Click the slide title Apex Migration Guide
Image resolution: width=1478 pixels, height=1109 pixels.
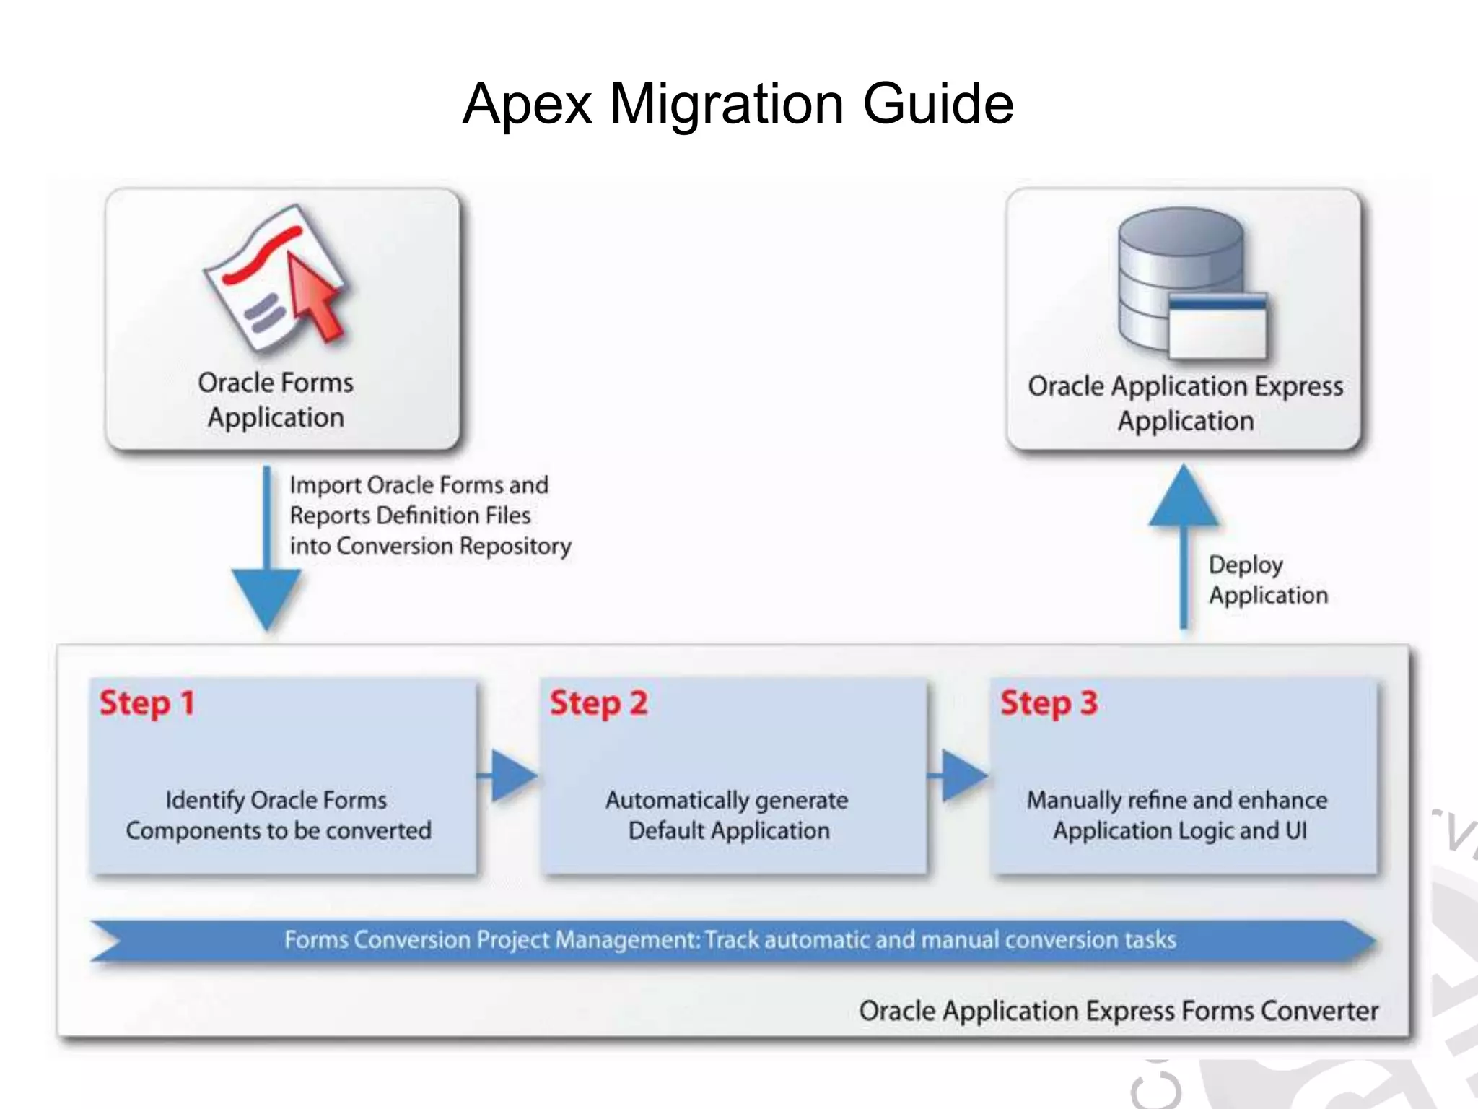point(738,104)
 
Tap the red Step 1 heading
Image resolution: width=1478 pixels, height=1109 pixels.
point(147,703)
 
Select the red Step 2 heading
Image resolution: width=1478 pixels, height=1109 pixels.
point(598,703)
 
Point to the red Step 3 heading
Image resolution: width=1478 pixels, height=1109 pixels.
point(1048,703)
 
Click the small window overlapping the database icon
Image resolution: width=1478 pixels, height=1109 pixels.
point(1217,326)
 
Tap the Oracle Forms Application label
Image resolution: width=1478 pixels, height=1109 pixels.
point(276,400)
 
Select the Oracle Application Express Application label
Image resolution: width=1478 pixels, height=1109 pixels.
point(1185,403)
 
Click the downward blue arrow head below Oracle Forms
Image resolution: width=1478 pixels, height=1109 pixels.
point(266,596)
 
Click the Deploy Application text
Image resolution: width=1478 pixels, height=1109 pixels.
point(1267,580)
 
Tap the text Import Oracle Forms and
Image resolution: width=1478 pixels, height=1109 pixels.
point(419,485)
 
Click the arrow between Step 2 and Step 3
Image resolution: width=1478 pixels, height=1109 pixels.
point(961,775)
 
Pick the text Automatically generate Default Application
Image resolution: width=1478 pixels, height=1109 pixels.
point(727,815)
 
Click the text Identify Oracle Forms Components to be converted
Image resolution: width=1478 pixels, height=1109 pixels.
point(278,815)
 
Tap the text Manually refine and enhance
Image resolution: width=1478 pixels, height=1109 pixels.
point(1176,800)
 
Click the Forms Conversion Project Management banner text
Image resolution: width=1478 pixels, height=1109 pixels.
point(729,940)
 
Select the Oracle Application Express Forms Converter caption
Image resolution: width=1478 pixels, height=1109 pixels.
point(1118,1011)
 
